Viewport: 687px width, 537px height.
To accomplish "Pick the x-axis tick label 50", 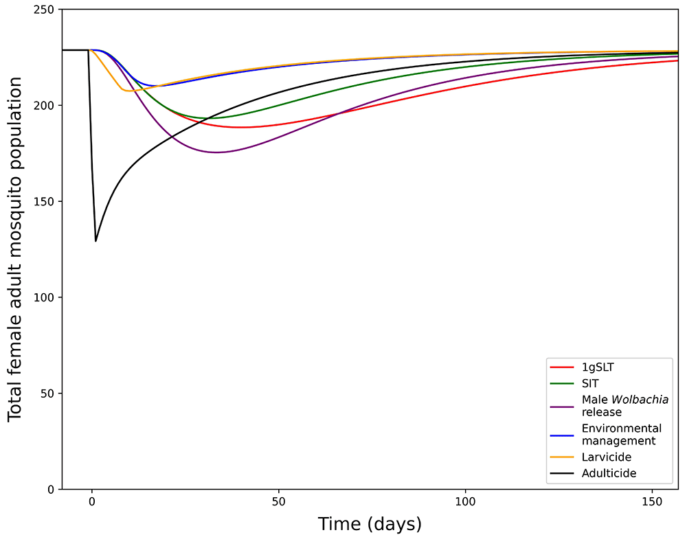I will click(279, 501).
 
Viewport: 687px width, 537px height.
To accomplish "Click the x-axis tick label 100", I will click(466, 501).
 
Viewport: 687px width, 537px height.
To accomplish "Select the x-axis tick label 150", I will click(653, 501).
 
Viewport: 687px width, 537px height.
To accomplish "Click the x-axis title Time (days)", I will click(370, 524).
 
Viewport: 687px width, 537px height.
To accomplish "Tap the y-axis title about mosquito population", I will click(15, 249).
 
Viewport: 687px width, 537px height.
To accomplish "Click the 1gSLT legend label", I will click(598, 367).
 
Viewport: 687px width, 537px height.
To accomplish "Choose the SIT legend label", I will click(590, 384).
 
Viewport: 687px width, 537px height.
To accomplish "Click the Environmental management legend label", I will click(621, 435).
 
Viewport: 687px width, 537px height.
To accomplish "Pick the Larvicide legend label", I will click(606, 457).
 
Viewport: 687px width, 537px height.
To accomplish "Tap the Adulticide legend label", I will click(609, 473).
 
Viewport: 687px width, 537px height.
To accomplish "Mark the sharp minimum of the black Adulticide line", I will click(95, 241).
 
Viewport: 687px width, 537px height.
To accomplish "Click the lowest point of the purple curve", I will click(216, 152).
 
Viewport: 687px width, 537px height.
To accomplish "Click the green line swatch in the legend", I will click(562, 384).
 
